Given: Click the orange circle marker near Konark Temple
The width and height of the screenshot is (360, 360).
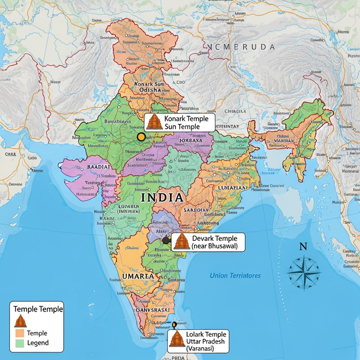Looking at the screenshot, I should [x=141, y=137].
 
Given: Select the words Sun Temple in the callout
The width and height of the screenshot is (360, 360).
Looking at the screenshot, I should [x=182, y=127].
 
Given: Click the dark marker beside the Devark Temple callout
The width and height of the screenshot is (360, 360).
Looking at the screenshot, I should [x=167, y=240].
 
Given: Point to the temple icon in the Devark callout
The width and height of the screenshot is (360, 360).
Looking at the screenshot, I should [x=182, y=241].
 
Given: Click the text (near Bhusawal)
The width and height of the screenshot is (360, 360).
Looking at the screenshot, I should [x=216, y=246].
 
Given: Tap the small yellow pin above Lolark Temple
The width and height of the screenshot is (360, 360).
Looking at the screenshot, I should [x=174, y=324].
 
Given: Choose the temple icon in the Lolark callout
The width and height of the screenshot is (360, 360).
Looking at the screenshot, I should [x=176, y=341].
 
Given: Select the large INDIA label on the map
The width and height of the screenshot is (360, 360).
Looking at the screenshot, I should [x=162, y=198].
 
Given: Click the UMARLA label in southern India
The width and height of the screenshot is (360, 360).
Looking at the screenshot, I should [x=138, y=276].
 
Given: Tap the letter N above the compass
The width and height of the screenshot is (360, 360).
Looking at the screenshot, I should [x=303, y=247].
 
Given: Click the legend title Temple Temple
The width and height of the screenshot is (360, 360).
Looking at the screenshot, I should [x=38, y=309].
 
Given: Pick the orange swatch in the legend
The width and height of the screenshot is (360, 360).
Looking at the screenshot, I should [x=19, y=333].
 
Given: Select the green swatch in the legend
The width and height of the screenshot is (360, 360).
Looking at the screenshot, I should [x=19, y=343].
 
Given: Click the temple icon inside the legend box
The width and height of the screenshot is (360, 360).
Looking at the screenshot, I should [x=20, y=321].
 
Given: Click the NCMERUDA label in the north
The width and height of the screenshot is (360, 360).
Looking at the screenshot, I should [x=241, y=46].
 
